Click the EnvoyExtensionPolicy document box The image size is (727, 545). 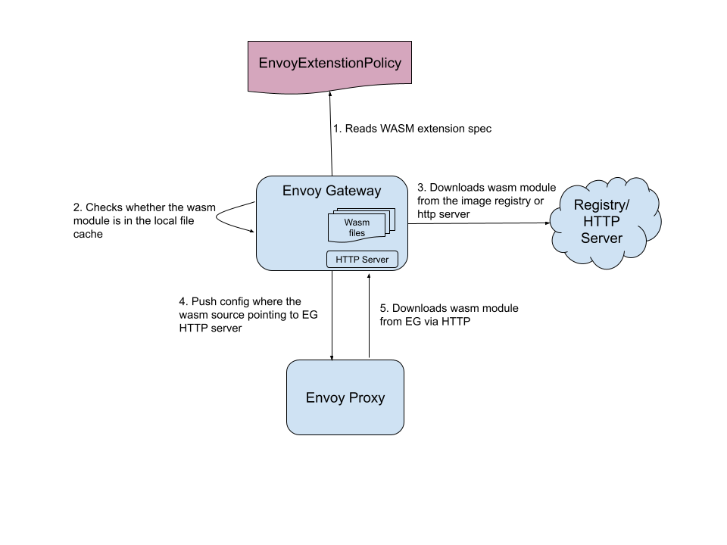point(329,64)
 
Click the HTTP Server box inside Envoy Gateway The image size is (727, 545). point(362,260)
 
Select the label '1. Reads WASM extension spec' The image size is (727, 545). point(412,129)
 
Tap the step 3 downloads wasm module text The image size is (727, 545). point(487,201)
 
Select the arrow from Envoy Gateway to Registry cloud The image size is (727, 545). point(477,223)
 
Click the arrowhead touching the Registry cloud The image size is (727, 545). point(548,223)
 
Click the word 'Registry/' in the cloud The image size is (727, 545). point(601,205)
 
